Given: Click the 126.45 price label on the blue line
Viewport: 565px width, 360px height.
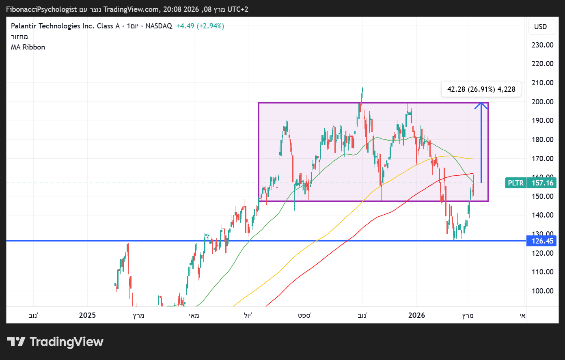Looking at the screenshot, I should pos(542,241).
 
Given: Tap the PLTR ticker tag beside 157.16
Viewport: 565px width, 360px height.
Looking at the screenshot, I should pos(515,183).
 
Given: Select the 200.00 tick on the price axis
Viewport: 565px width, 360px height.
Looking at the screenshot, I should pos(542,101).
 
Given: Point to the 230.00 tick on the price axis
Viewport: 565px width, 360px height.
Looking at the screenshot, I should pos(542,45).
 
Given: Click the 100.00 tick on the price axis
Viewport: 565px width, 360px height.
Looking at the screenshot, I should pos(542,291).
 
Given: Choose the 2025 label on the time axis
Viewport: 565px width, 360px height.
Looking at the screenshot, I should pos(87,315).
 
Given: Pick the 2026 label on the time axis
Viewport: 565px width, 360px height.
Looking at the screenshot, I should pos(416,315).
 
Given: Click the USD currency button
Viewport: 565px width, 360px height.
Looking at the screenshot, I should pos(540,27).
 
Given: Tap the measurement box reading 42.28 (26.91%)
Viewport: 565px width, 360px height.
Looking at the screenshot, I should pos(481,89).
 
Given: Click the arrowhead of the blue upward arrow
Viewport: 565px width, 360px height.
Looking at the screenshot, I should pos(481,104).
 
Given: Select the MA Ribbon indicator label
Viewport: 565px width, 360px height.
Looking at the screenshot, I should pos(28,47).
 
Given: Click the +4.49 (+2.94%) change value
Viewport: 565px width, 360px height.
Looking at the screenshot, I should pos(200,26).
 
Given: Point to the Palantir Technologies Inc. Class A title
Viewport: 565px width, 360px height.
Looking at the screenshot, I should pos(65,26).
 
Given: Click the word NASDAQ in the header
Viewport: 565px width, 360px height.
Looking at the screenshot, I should pos(159,26).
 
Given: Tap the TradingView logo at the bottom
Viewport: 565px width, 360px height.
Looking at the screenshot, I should pos(55,342).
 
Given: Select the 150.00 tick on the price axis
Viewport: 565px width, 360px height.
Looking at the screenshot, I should pos(542,196).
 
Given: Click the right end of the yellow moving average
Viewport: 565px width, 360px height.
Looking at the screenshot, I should pos(473,159).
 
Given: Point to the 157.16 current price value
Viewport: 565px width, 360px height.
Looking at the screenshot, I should pos(542,183).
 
